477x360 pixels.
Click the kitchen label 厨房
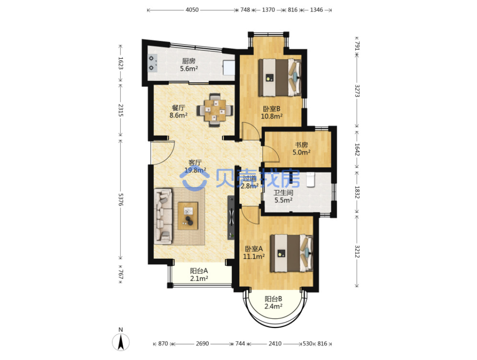[189, 61]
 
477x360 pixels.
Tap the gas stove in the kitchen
[153, 63]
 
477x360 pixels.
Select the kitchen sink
[229, 67]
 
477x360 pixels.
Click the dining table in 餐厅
[215, 110]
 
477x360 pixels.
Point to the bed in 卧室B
[280, 77]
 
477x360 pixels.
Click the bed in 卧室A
[292, 253]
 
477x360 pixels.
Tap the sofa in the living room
[163, 216]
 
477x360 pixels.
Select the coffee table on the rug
[188, 216]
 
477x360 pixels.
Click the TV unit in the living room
[231, 218]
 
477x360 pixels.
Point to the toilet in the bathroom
[310, 180]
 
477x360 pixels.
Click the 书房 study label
[301, 145]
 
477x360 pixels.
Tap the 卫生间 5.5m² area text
[283, 200]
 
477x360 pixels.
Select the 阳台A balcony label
[199, 270]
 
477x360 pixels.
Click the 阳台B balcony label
[273, 299]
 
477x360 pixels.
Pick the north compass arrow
[121, 342]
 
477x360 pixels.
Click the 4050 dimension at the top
[192, 10]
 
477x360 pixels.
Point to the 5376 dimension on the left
[120, 199]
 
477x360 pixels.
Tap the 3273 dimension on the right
[357, 91]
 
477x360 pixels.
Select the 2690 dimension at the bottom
[202, 344]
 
